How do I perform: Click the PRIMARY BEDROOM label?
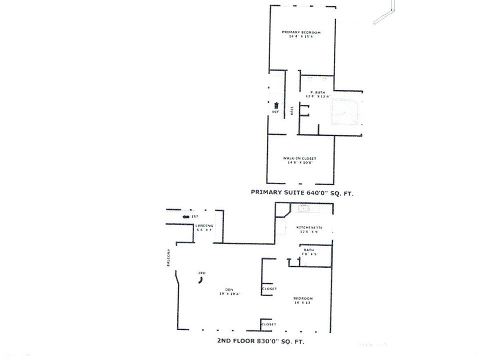pyautogui.click(x=301, y=32)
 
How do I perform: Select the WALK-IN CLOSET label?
pyautogui.click(x=300, y=158)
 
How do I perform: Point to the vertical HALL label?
pyautogui.click(x=292, y=110)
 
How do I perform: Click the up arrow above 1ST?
pyautogui.click(x=275, y=104)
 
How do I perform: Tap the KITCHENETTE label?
pyautogui.click(x=309, y=228)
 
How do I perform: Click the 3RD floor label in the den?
pyautogui.click(x=202, y=272)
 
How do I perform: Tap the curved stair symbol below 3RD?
pyautogui.click(x=199, y=281)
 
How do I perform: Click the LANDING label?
pyautogui.click(x=204, y=226)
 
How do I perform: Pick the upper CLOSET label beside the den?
pyautogui.click(x=269, y=289)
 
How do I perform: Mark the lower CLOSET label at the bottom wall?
pyautogui.click(x=268, y=324)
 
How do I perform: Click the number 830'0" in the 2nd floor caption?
pyautogui.click(x=264, y=342)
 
